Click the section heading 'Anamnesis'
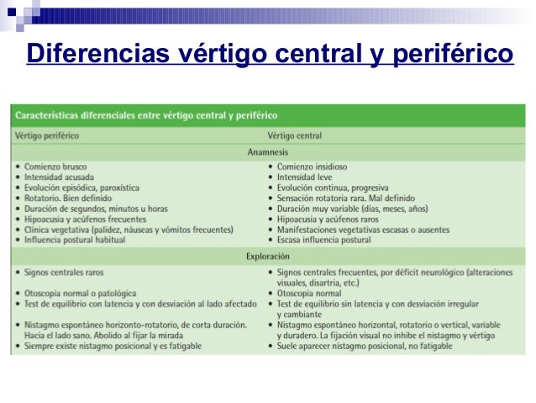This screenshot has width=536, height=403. pyautogui.click(x=268, y=151)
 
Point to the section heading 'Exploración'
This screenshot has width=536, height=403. pyautogui.click(x=268, y=255)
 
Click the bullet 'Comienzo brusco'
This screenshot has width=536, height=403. pyautogui.click(x=55, y=167)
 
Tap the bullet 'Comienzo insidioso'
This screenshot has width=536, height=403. pyautogui.click(x=312, y=167)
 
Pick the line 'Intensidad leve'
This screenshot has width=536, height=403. pyautogui.click(x=306, y=178)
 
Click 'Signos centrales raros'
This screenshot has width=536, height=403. pyautogui.click(x=63, y=272)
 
